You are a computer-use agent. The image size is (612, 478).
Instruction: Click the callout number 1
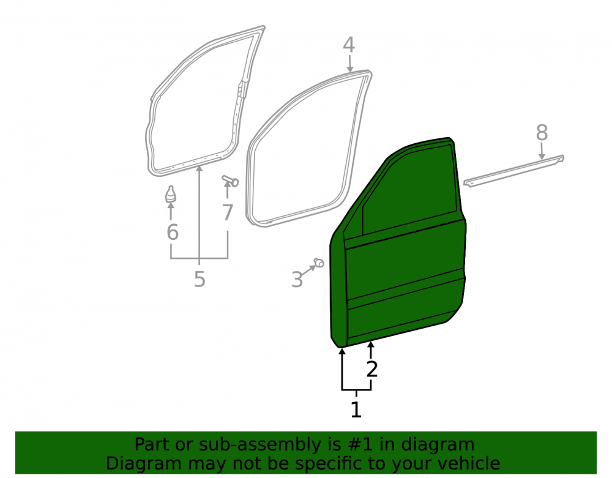coord(356,409)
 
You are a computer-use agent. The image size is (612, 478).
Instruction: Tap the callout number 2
coord(372,369)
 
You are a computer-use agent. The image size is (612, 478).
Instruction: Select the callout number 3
coord(297,280)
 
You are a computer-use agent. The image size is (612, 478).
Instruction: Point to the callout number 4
coord(349,45)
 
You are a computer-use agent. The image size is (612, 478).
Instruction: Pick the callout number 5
coord(200,279)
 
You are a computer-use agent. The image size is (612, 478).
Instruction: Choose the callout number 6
coord(173,232)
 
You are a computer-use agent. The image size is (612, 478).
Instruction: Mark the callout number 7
coord(228,212)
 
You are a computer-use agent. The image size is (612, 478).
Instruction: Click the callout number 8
coord(542,133)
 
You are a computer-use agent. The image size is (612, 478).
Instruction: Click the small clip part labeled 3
coord(319,263)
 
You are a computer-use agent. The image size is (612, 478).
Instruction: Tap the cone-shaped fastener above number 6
coord(171,194)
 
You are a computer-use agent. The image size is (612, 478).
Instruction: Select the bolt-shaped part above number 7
coord(230,181)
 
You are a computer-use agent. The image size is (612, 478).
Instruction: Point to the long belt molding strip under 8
coord(513,171)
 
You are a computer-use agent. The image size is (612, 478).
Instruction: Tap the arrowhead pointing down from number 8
coord(542,157)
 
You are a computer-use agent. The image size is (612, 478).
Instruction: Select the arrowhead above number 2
coord(371,344)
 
